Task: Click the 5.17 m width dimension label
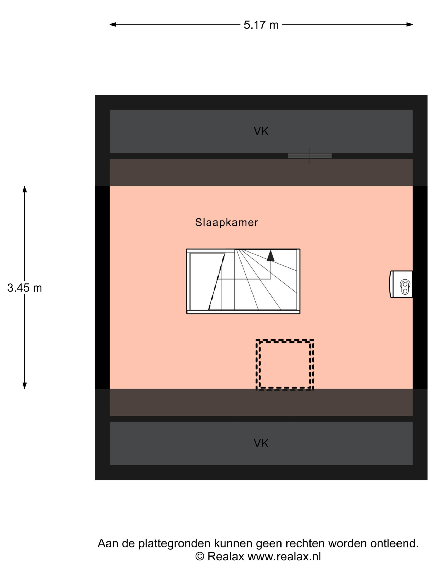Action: click(x=261, y=25)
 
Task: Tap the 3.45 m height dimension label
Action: click(x=25, y=288)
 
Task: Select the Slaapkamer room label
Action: click(x=227, y=222)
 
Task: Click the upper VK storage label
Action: click(x=261, y=131)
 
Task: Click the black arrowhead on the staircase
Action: click(x=271, y=256)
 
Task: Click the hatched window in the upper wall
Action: click(x=310, y=156)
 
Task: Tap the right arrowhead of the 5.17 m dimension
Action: click(x=410, y=25)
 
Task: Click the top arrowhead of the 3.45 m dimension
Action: click(x=25, y=189)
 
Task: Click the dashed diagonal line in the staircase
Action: click(x=217, y=281)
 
